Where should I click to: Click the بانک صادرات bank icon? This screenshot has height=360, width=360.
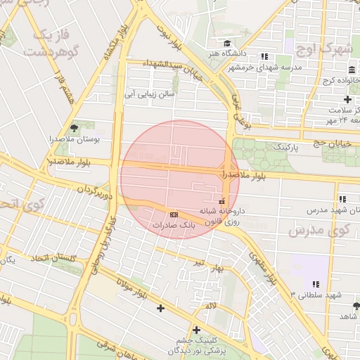pos(174,214)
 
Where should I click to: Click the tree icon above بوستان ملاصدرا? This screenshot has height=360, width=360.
pos(74,127)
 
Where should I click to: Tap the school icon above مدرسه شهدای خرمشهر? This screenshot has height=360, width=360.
pos(264,56)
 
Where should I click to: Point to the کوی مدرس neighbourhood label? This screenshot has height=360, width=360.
pos(319,230)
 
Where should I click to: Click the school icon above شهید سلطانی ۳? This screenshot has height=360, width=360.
pos(316,284)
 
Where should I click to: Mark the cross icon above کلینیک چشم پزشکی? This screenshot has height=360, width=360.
pos(196,330)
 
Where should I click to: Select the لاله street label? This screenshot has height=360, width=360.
pos(211,307)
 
